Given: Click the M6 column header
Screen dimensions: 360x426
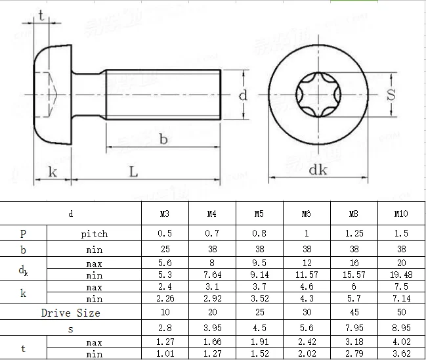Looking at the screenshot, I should (x=306, y=214).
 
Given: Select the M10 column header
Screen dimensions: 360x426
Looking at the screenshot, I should (x=400, y=214).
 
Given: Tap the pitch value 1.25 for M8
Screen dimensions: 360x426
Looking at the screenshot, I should (x=353, y=234).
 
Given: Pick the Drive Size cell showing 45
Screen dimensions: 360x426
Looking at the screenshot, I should (x=353, y=313).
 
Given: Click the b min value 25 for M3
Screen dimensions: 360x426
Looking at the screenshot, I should (x=165, y=250).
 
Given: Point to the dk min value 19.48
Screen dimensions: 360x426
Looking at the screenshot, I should (x=400, y=275).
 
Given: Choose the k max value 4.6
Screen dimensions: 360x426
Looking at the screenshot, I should (x=306, y=288).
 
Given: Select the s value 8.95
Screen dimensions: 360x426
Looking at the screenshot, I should (x=400, y=328).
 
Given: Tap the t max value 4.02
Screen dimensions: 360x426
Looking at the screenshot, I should (x=400, y=342).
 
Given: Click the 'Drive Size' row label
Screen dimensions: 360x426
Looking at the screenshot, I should (x=70, y=313).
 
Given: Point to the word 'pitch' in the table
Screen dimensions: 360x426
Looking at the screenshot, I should (x=94, y=234).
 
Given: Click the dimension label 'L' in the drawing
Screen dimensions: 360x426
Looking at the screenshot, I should (x=133, y=172).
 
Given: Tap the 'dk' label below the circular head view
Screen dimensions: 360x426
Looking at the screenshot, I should (x=318, y=169).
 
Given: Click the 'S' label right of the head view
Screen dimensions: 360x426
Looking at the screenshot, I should (x=391, y=95).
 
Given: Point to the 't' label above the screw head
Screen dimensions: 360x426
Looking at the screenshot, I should (x=41, y=16).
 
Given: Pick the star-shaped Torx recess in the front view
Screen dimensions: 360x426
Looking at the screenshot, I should (x=318, y=96).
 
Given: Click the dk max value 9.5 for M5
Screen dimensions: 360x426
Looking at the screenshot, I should (x=259, y=263).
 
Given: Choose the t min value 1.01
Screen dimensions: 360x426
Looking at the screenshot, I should (x=165, y=354).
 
